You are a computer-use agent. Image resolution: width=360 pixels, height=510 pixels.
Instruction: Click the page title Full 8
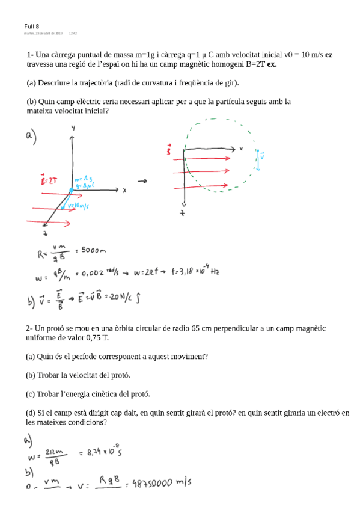pos(32,26)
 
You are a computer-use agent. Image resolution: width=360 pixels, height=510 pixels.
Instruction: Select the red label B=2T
pos(48,180)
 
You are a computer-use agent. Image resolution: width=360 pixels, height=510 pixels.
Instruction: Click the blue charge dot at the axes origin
pos(71,191)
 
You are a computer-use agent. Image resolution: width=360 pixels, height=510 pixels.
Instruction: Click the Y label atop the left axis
pos(73,129)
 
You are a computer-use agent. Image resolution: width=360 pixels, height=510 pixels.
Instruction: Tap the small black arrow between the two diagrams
pos(143,180)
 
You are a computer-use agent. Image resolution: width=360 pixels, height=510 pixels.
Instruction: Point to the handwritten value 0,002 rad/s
pos(97,275)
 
